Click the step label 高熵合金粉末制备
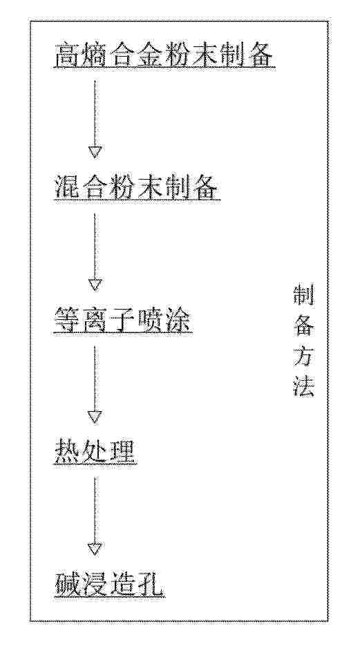click(164, 55)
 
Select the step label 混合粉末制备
click(136, 188)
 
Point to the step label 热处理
click(95, 453)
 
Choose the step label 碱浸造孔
click(109, 585)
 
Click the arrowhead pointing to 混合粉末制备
click(95, 153)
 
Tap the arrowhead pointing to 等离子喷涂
click(95, 285)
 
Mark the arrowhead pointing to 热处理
click(95, 417)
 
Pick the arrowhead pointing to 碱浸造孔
click(95, 549)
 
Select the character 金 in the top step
click(150, 55)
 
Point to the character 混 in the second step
click(68, 188)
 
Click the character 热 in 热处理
click(68, 453)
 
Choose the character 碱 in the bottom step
click(68, 585)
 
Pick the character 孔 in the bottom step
click(151, 585)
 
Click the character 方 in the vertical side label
click(304, 357)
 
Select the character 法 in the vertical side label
click(304, 386)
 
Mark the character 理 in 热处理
click(123, 453)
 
